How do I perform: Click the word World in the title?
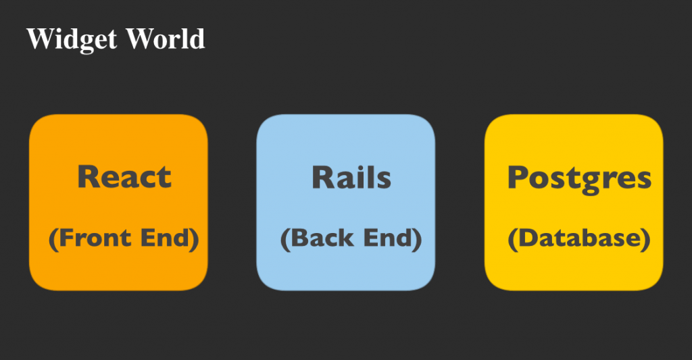pyautogui.click(x=166, y=38)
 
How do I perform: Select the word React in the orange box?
pyautogui.click(x=124, y=177)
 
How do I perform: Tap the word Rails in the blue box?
pyautogui.click(x=351, y=177)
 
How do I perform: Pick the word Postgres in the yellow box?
pyautogui.click(x=579, y=179)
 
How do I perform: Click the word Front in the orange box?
pyautogui.click(x=95, y=238)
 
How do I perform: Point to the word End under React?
pyautogui.click(x=165, y=238)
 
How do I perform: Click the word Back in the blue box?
pyautogui.click(x=322, y=238)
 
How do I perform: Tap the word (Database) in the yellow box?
pyautogui.click(x=579, y=239)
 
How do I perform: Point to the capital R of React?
pyautogui.click(x=88, y=177)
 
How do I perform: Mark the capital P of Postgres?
pyautogui.click(x=517, y=177)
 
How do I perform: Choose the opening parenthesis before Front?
pyautogui.click(x=53, y=240)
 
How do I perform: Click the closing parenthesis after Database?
pyautogui.click(x=645, y=240)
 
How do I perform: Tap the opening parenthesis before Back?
pyautogui.click(x=286, y=240)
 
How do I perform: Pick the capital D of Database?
pyautogui.click(x=527, y=238)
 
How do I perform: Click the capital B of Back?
pyautogui.click(x=299, y=238)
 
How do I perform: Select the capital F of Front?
pyautogui.click(x=66, y=238)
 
